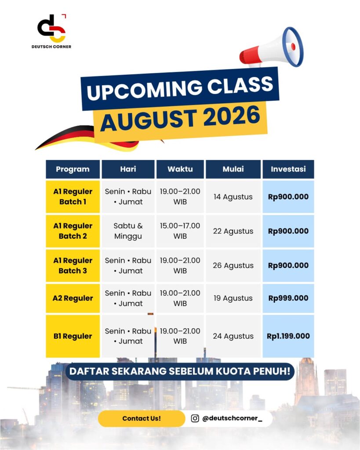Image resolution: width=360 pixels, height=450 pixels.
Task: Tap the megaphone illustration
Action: tap(272, 48)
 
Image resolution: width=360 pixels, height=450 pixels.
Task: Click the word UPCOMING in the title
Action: tap(145, 89)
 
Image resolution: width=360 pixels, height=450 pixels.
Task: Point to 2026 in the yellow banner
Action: tap(232, 116)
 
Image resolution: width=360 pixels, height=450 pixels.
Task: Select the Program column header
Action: tap(73, 169)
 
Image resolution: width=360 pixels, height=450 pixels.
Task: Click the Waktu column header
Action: tap(180, 169)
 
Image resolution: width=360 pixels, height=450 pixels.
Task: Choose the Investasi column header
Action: tap(288, 169)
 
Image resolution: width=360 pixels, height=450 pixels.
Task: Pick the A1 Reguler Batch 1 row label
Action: tap(73, 196)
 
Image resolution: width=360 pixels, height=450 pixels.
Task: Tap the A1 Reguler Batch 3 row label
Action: tap(73, 265)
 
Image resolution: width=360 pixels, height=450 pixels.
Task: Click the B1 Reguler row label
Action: tap(73, 336)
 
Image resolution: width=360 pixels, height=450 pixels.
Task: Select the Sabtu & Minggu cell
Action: tap(128, 231)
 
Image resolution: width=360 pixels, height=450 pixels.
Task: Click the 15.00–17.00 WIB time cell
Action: tap(180, 231)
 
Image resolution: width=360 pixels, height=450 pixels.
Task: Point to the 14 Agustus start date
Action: tap(233, 197)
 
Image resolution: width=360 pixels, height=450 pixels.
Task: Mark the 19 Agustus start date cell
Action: tap(233, 298)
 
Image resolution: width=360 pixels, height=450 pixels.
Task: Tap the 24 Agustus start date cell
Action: tap(233, 336)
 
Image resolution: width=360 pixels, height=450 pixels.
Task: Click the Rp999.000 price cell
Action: tap(288, 298)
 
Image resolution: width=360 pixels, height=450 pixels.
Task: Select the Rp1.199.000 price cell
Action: tap(288, 336)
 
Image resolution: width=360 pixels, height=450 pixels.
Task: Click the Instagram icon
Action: tap(195, 418)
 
